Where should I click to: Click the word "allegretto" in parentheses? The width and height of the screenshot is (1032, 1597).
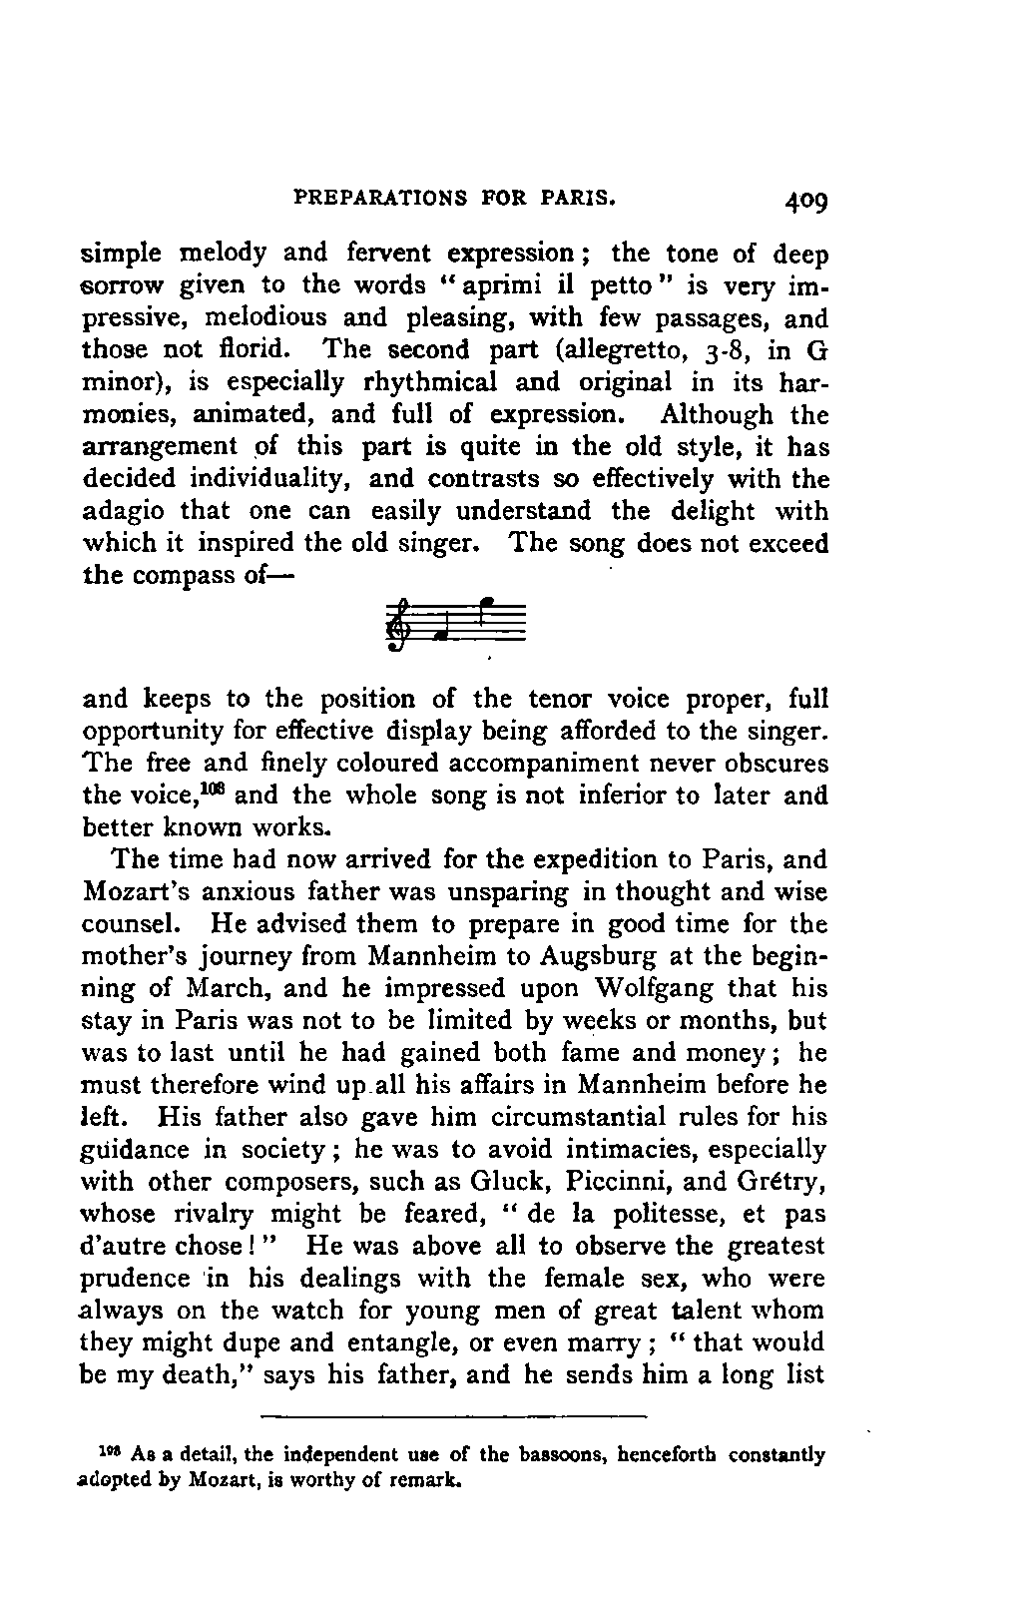(617, 350)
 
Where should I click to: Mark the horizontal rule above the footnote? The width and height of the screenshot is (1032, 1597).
(454, 1414)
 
